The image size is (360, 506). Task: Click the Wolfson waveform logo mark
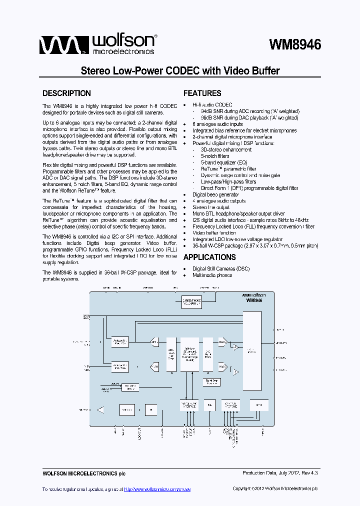[x=58, y=45]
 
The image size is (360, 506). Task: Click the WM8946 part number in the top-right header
[x=295, y=45]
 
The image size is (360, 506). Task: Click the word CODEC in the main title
[x=182, y=70]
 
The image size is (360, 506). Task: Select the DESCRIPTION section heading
[x=66, y=93]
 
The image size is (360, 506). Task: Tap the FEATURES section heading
[x=202, y=93]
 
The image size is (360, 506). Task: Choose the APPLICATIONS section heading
[x=209, y=257]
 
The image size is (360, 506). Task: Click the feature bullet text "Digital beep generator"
[x=215, y=194]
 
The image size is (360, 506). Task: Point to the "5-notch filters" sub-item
[x=215, y=156]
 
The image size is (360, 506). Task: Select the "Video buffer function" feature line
[x=214, y=233]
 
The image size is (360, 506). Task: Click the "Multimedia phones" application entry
[x=212, y=275]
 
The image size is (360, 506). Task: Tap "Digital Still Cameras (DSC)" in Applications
[x=221, y=268]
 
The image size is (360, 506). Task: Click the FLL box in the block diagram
[x=210, y=405]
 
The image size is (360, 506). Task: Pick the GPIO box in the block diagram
[x=258, y=405]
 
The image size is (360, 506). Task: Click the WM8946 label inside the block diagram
[x=254, y=301]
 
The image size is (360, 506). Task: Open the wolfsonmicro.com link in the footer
[x=157, y=489]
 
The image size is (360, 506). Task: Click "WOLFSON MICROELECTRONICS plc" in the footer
[x=80, y=473]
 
